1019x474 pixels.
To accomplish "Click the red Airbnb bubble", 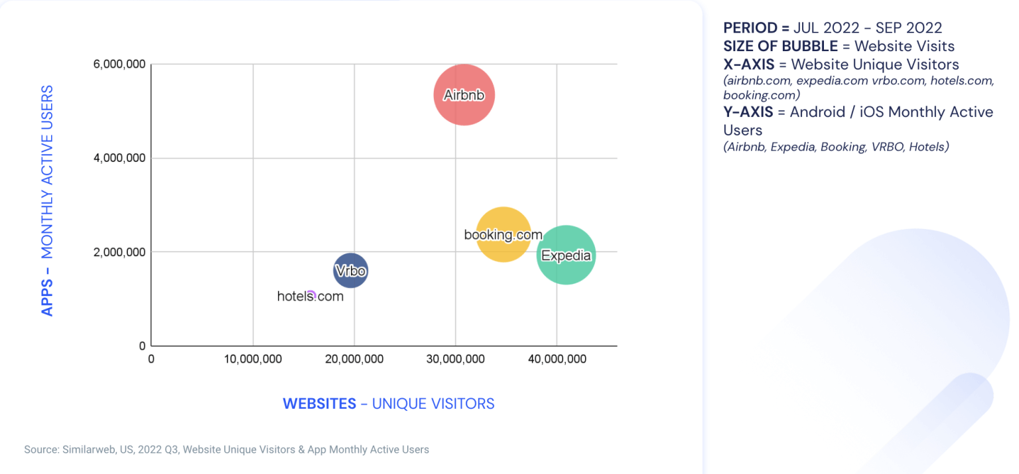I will (464, 95).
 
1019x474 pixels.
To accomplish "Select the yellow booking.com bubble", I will (504, 234).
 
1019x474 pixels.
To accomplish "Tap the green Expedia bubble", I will (566, 255).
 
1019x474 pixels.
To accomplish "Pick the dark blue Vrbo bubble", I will (350, 271).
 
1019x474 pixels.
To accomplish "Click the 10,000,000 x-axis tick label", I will (252, 359).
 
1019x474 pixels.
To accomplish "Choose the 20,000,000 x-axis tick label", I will (354, 359).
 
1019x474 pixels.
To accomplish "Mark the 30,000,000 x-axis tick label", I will (455, 359).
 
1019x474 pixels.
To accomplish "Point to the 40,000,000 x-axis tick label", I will (556, 359).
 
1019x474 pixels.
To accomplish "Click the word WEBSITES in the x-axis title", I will (319, 404).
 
